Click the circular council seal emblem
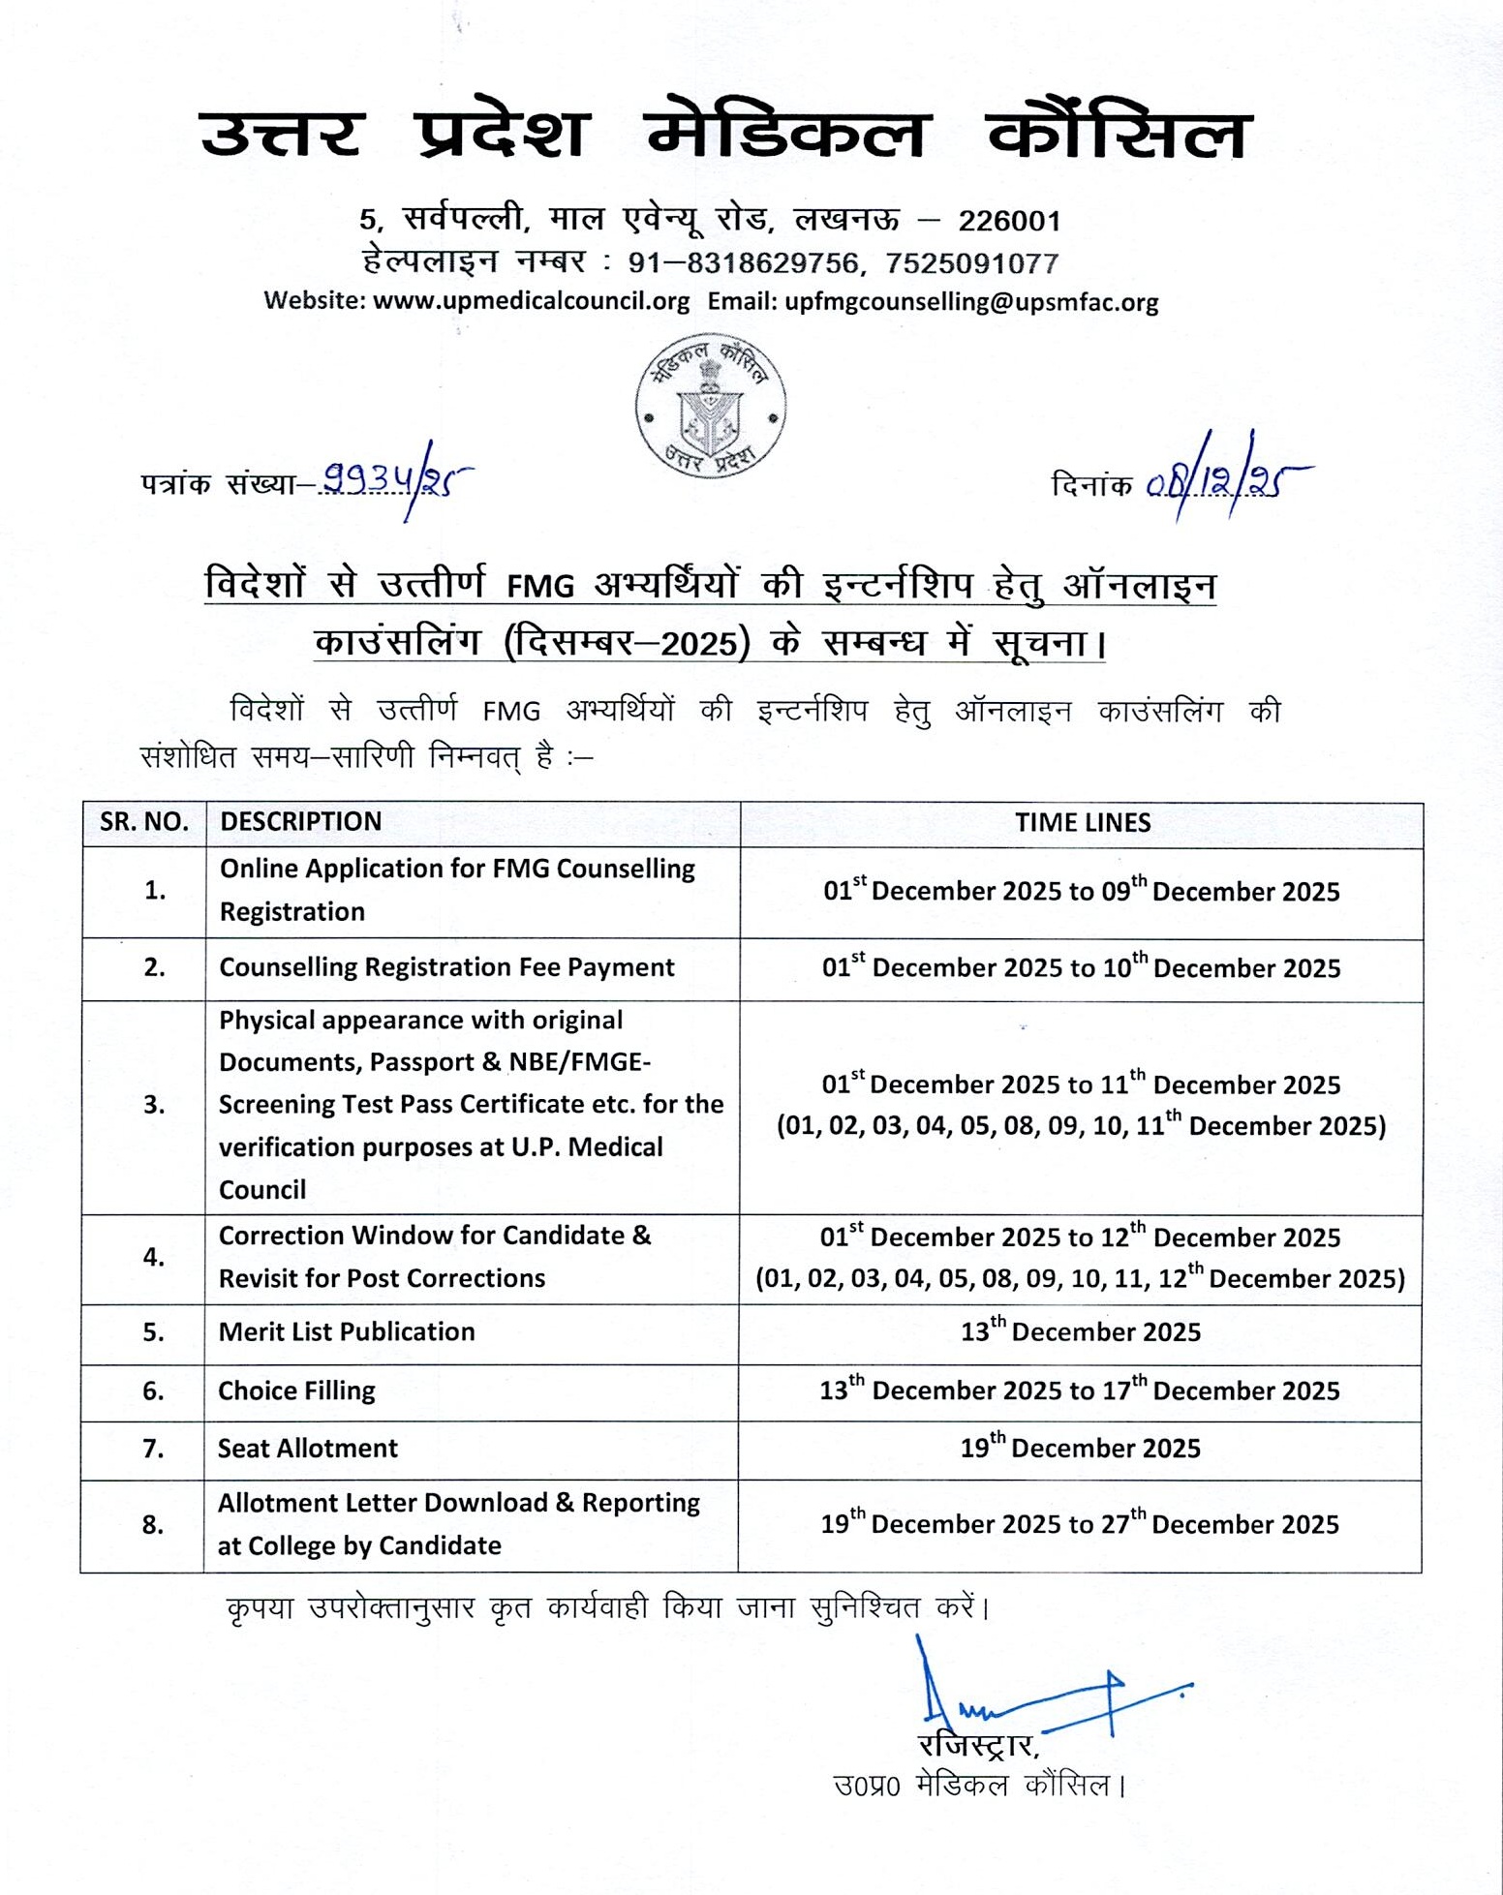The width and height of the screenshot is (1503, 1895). pyautogui.click(x=710, y=408)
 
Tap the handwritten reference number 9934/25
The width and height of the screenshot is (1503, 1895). pyautogui.click(x=397, y=480)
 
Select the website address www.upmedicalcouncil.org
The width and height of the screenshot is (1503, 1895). pyautogui.click(x=531, y=301)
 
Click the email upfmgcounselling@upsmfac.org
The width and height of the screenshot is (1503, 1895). pyautogui.click(x=971, y=301)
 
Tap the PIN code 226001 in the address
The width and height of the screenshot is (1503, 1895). pyautogui.click(x=1009, y=221)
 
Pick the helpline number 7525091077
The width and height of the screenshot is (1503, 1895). pyautogui.click(x=971, y=262)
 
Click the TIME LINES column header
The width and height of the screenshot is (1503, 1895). pyautogui.click(x=1082, y=823)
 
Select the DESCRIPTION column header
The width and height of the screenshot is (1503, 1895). pyautogui.click(x=300, y=822)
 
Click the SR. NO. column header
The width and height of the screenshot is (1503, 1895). pyautogui.click(x=143, y=822)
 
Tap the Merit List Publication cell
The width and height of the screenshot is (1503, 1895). pyautogui.click(x=347, y=1332)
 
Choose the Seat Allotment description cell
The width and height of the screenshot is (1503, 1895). pyautogui.click(x=308, y=1449)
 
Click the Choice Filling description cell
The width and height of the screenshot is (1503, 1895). pyautogui.click(x=296, y=1391)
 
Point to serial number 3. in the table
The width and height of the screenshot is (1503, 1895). pyautogui.click(x=153, y=1105)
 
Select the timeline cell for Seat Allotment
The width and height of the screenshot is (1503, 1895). pyautogui.click(x=1080, y=1449)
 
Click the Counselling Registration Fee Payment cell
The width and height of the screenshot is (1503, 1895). pyautogui.click(x=446, y=967)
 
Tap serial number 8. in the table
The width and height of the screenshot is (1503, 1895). pyautogui.click(x=153, y=1525)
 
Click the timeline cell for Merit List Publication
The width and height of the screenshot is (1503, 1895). pyautogui.click(x=1080, y=1332)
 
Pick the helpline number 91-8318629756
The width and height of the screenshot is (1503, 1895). pyautogui.click(x=743, y=262)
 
